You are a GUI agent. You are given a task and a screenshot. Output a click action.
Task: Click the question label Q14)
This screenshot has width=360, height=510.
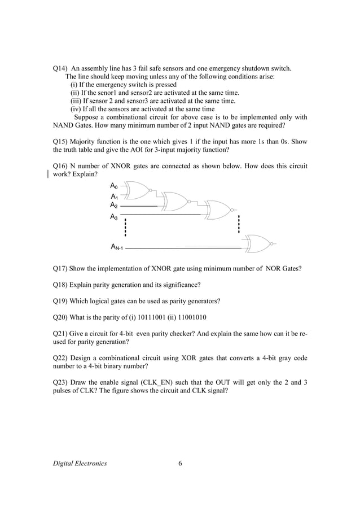click(60, 69)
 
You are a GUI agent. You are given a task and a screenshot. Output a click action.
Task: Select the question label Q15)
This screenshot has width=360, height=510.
click(60, 142)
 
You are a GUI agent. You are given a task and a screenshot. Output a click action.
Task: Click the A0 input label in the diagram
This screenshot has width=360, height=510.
click(113, 186)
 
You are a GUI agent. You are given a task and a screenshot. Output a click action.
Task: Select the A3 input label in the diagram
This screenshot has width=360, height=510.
click(113, 216)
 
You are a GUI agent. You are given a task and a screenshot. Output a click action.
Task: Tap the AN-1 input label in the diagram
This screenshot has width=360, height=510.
click(117, 247)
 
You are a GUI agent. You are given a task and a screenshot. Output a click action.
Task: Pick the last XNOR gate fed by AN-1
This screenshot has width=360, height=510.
click(257, 243)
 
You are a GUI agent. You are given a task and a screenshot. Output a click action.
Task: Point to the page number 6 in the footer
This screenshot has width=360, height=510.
click(180, 464)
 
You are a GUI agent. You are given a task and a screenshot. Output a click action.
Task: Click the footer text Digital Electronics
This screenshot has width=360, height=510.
click(80, 464)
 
